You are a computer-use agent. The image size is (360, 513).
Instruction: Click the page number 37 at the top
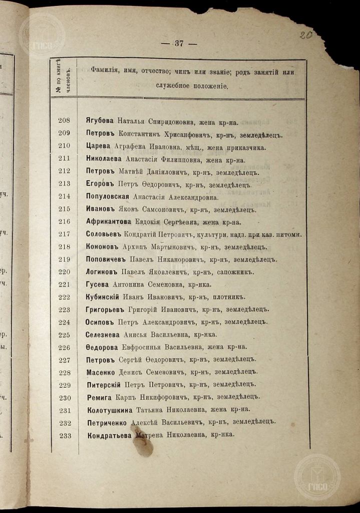[x=179, y=44]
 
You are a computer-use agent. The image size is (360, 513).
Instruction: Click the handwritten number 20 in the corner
[x=304, y=35]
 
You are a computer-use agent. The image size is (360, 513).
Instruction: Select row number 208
[x=65, y=121]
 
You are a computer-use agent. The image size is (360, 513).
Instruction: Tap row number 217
[x=65, y=234]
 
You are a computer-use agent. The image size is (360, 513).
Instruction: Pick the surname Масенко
[x=101, y=373]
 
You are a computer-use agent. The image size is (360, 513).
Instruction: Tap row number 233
[x=65, y=436]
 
